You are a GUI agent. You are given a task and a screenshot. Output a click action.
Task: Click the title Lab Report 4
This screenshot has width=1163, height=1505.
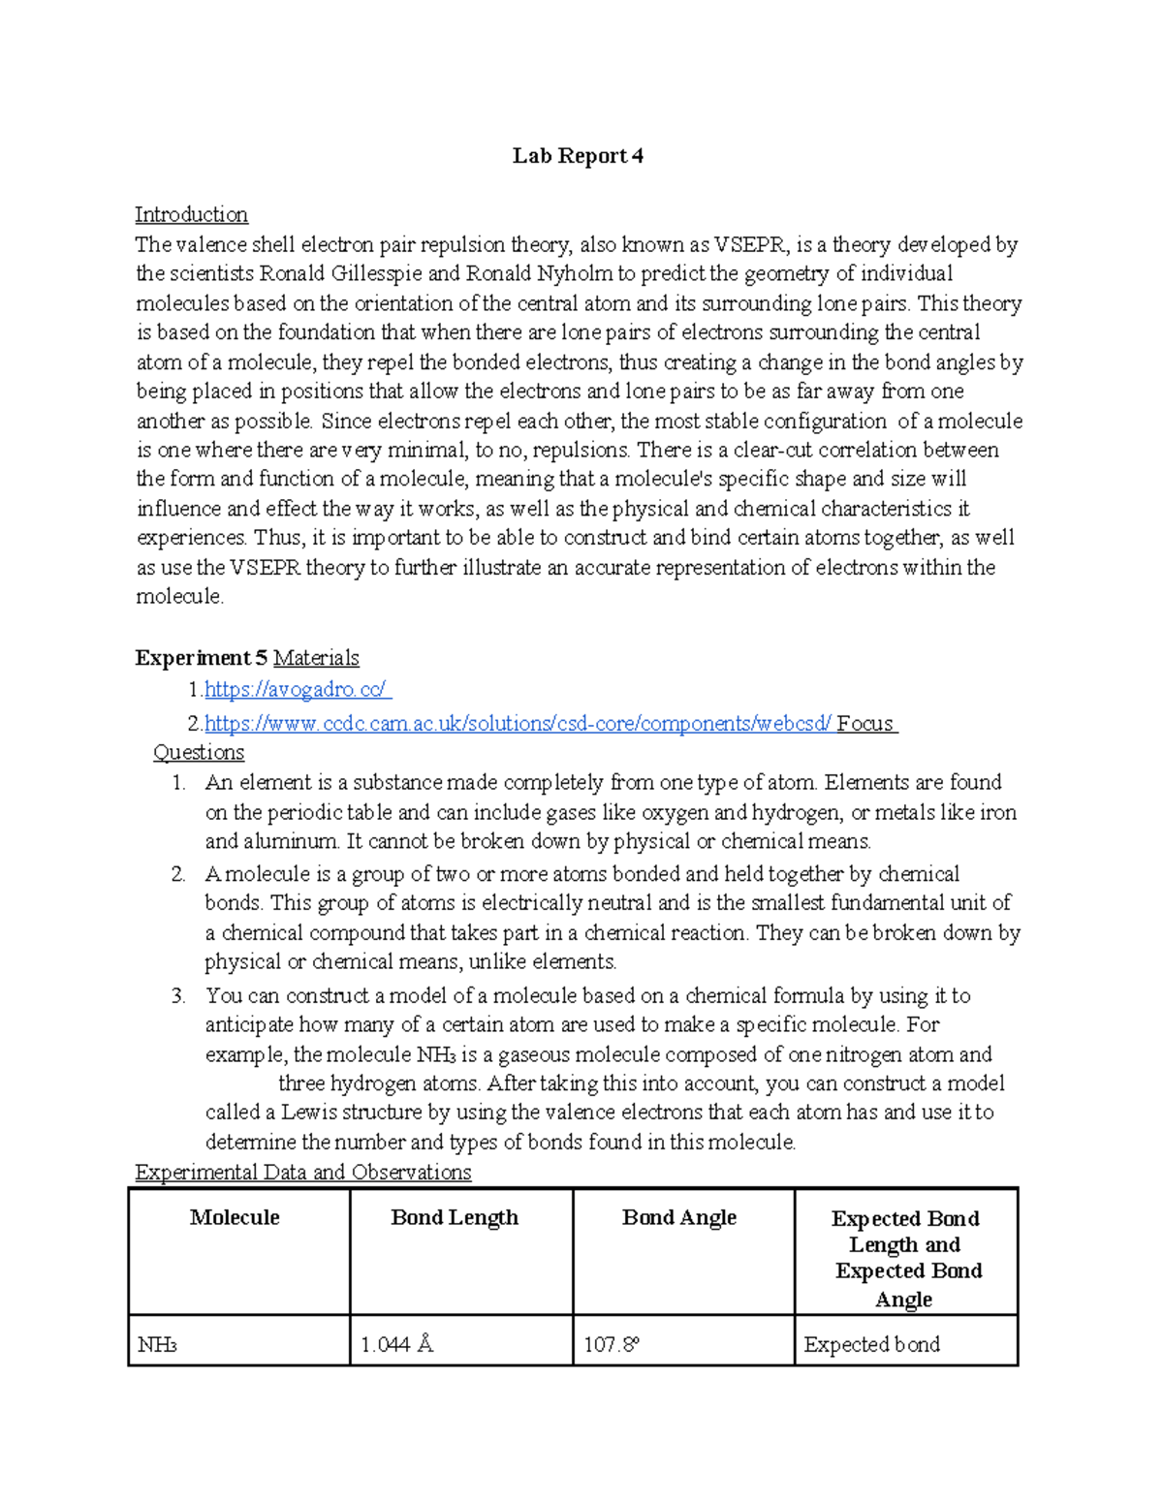click(578, 156)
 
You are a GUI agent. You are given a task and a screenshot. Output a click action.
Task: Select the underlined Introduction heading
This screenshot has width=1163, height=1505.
click(191, 214)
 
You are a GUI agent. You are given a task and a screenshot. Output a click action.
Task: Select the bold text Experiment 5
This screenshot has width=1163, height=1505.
click(201, 658)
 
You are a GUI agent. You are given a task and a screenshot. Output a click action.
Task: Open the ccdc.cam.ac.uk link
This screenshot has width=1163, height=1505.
click(518, 723)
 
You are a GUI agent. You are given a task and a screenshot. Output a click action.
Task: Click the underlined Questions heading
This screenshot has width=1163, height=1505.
click(199, 752)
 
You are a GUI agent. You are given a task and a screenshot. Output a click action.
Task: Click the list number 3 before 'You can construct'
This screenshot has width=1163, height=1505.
click(177, 995)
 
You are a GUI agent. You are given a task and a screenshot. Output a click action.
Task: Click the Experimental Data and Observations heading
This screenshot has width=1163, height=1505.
click(302, 1172)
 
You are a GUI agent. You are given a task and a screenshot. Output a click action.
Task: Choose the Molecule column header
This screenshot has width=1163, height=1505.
click(235, 1217)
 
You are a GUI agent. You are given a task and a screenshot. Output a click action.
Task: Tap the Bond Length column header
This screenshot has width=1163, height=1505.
click(455, 1217)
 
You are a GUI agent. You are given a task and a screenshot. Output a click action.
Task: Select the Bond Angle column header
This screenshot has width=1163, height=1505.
click(678, 1217)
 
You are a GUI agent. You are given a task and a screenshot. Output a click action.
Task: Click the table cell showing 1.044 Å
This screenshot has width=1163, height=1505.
click(396, 1344)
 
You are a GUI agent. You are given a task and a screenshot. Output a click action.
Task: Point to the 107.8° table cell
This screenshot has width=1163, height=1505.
click(612, 1344)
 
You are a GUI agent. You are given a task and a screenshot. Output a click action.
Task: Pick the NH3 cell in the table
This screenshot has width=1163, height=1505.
click(157, 1344)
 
